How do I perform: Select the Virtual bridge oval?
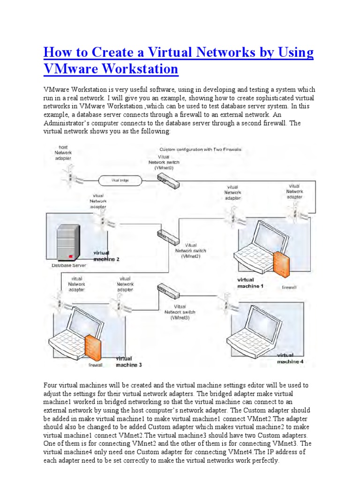(120, 180)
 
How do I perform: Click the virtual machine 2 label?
(106, 256)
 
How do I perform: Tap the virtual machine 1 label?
(251, 283)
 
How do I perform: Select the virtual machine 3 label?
(128, 361)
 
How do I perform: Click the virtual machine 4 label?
(290, 359)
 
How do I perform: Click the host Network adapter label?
(63, 153)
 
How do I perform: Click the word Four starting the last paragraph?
(51, 385)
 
